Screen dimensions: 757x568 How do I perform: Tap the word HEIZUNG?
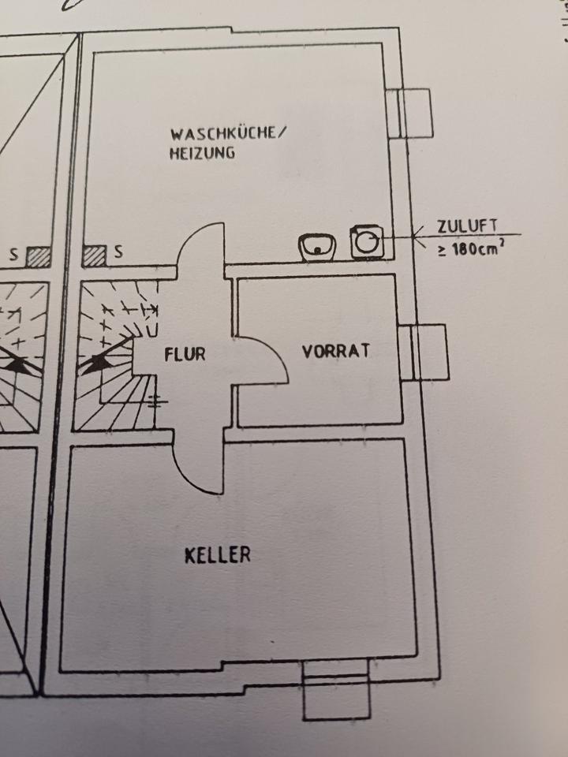tap(201, 154)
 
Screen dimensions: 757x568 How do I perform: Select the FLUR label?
tap(185, 354)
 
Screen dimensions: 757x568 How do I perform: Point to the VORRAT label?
tap(336, 352)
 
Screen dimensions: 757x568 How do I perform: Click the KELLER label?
tap(218, 555)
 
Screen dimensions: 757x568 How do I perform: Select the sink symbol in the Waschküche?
tap(317, 247)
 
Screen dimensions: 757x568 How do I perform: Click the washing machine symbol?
tap(367, 241)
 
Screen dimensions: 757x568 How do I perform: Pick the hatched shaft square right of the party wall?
tap(95, 255)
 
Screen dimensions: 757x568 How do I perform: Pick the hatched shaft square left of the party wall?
tap(37, 256)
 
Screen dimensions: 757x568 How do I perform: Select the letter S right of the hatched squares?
tap(118, 254)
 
